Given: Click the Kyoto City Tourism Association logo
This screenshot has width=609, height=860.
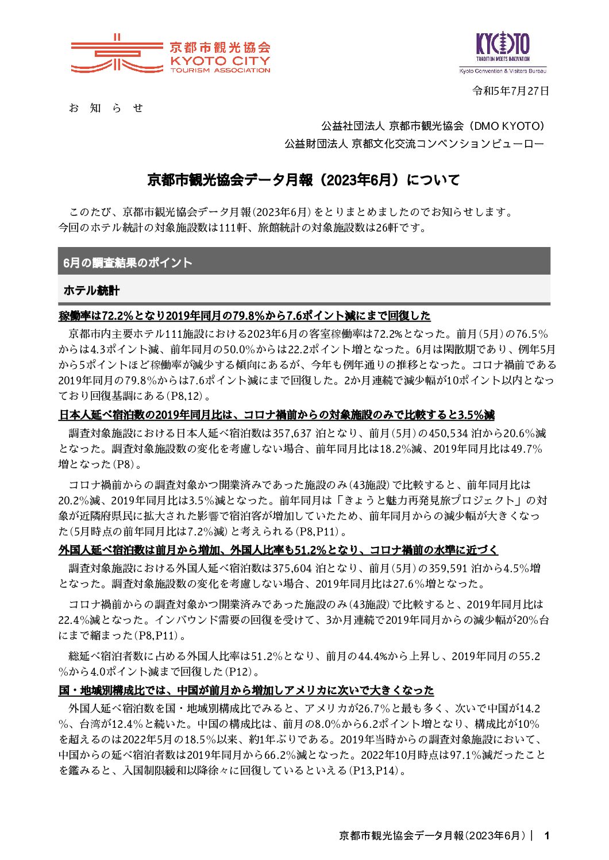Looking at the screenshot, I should point(170,54).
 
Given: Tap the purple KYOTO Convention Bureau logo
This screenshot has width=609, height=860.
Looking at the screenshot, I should point(503,52).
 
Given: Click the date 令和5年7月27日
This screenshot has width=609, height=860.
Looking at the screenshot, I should point(510,91).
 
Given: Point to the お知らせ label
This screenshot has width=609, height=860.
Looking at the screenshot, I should point(106,108).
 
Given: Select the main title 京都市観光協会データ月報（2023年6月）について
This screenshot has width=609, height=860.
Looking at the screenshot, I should point(304,180).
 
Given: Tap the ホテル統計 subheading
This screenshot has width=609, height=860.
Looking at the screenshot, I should point(91,290).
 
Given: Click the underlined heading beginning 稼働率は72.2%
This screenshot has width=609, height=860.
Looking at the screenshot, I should point(244,316).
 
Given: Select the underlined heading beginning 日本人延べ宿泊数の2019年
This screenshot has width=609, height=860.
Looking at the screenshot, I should point(276,415).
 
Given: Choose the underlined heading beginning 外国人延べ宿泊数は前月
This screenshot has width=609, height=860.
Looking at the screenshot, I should point(278,550).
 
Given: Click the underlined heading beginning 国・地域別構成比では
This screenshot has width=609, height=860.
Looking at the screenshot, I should point(246,691).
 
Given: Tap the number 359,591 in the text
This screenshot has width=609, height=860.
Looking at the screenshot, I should point(448,569).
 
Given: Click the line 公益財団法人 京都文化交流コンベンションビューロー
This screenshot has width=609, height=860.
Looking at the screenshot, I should point(414,144).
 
